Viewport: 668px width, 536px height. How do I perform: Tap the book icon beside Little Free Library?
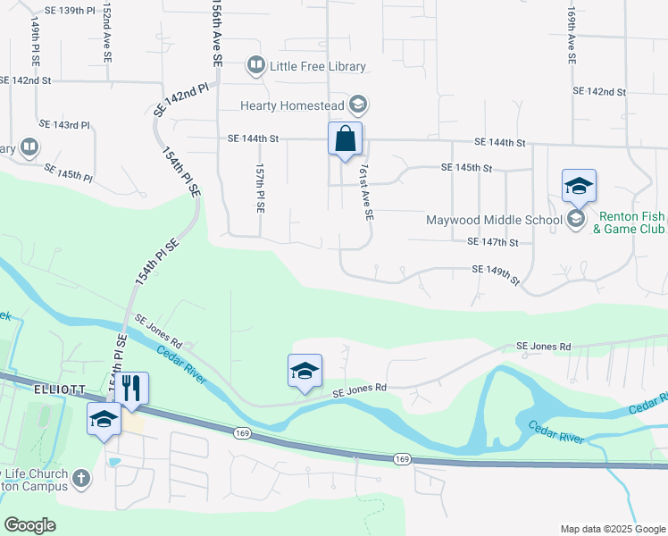click(x=256, y=65)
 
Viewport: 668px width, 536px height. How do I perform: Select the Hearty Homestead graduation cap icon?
click(x=357, y=105)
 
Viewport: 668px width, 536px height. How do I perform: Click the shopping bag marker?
click(x=345, y=140)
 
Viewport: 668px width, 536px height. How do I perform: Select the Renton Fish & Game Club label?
click(x=630, y=222)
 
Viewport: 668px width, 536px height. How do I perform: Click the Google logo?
click(x=30, y=524)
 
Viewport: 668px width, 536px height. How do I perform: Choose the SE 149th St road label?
click(x=496, y=274)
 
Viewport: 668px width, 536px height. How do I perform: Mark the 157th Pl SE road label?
click(x=260, y=188)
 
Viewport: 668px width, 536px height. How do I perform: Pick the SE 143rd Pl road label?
click(x=64, y=124)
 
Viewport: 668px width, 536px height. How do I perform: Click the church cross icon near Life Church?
click(x=80, y=478)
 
